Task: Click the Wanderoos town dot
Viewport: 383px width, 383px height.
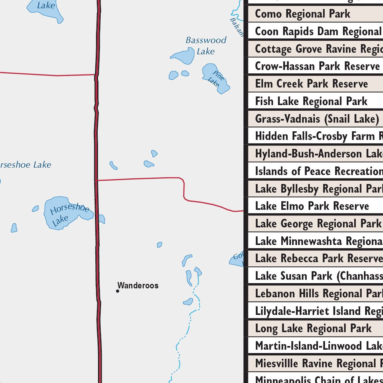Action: tap(117, 291)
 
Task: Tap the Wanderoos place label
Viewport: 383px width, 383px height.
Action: tap(138, 286)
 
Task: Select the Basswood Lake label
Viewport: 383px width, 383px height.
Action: tap(206, 45)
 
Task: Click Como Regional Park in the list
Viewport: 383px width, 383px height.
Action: tap(303, 14)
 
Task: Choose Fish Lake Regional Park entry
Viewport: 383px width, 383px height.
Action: tap(311, 101)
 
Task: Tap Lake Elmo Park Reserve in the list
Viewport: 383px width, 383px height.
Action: tap(312, 206)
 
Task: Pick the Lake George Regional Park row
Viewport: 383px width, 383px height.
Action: tap(318, 224)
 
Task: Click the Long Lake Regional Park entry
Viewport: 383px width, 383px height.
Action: tap(313, 328)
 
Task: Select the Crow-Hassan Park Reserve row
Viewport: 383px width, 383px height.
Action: tap(317, 66)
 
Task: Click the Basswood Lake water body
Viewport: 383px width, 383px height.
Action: tap(183, 56)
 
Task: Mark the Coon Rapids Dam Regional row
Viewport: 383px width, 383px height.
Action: tap(318, 31)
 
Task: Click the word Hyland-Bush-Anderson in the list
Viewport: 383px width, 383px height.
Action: tap(303, 154)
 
